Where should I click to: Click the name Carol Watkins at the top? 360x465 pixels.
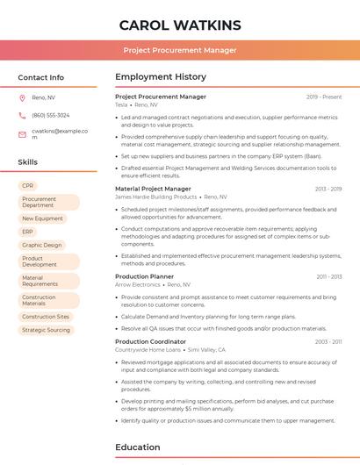click(179, 25)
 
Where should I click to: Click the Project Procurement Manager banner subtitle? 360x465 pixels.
click(179, 50)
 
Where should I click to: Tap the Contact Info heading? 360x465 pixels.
click(40, 77)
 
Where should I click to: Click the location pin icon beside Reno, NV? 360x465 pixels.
click(22, 97)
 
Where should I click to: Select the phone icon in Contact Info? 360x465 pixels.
click(22, 115)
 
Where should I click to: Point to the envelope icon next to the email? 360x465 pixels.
click(22, 133)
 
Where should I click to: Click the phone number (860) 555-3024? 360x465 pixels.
click(50, 115)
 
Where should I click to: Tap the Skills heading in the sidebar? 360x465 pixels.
click(28, 162)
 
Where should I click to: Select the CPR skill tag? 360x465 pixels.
click(28, 186)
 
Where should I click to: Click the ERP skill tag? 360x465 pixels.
click(28, 232)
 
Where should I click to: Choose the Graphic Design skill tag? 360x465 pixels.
click(42, 245)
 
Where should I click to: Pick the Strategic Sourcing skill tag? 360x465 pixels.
click(46, 330)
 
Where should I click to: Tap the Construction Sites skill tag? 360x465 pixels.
click(46, 317)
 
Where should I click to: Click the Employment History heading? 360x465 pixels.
click(161, 77)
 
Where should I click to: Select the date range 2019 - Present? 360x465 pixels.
click(324, 97)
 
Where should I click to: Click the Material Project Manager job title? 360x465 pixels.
click(153, 189)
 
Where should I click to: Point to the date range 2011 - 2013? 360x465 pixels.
click(329, 276)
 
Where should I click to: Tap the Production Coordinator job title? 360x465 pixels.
click(150, 341)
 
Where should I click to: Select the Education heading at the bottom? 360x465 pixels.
click(138, 447)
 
